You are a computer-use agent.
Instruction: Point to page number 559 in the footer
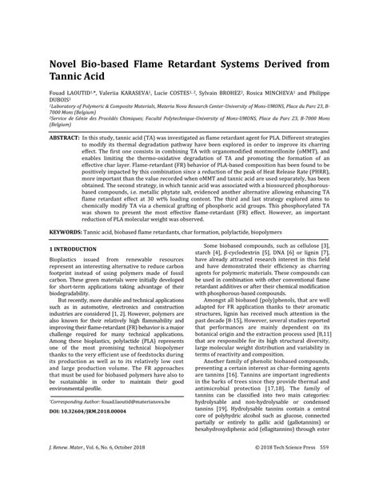(x=346, y=468)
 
